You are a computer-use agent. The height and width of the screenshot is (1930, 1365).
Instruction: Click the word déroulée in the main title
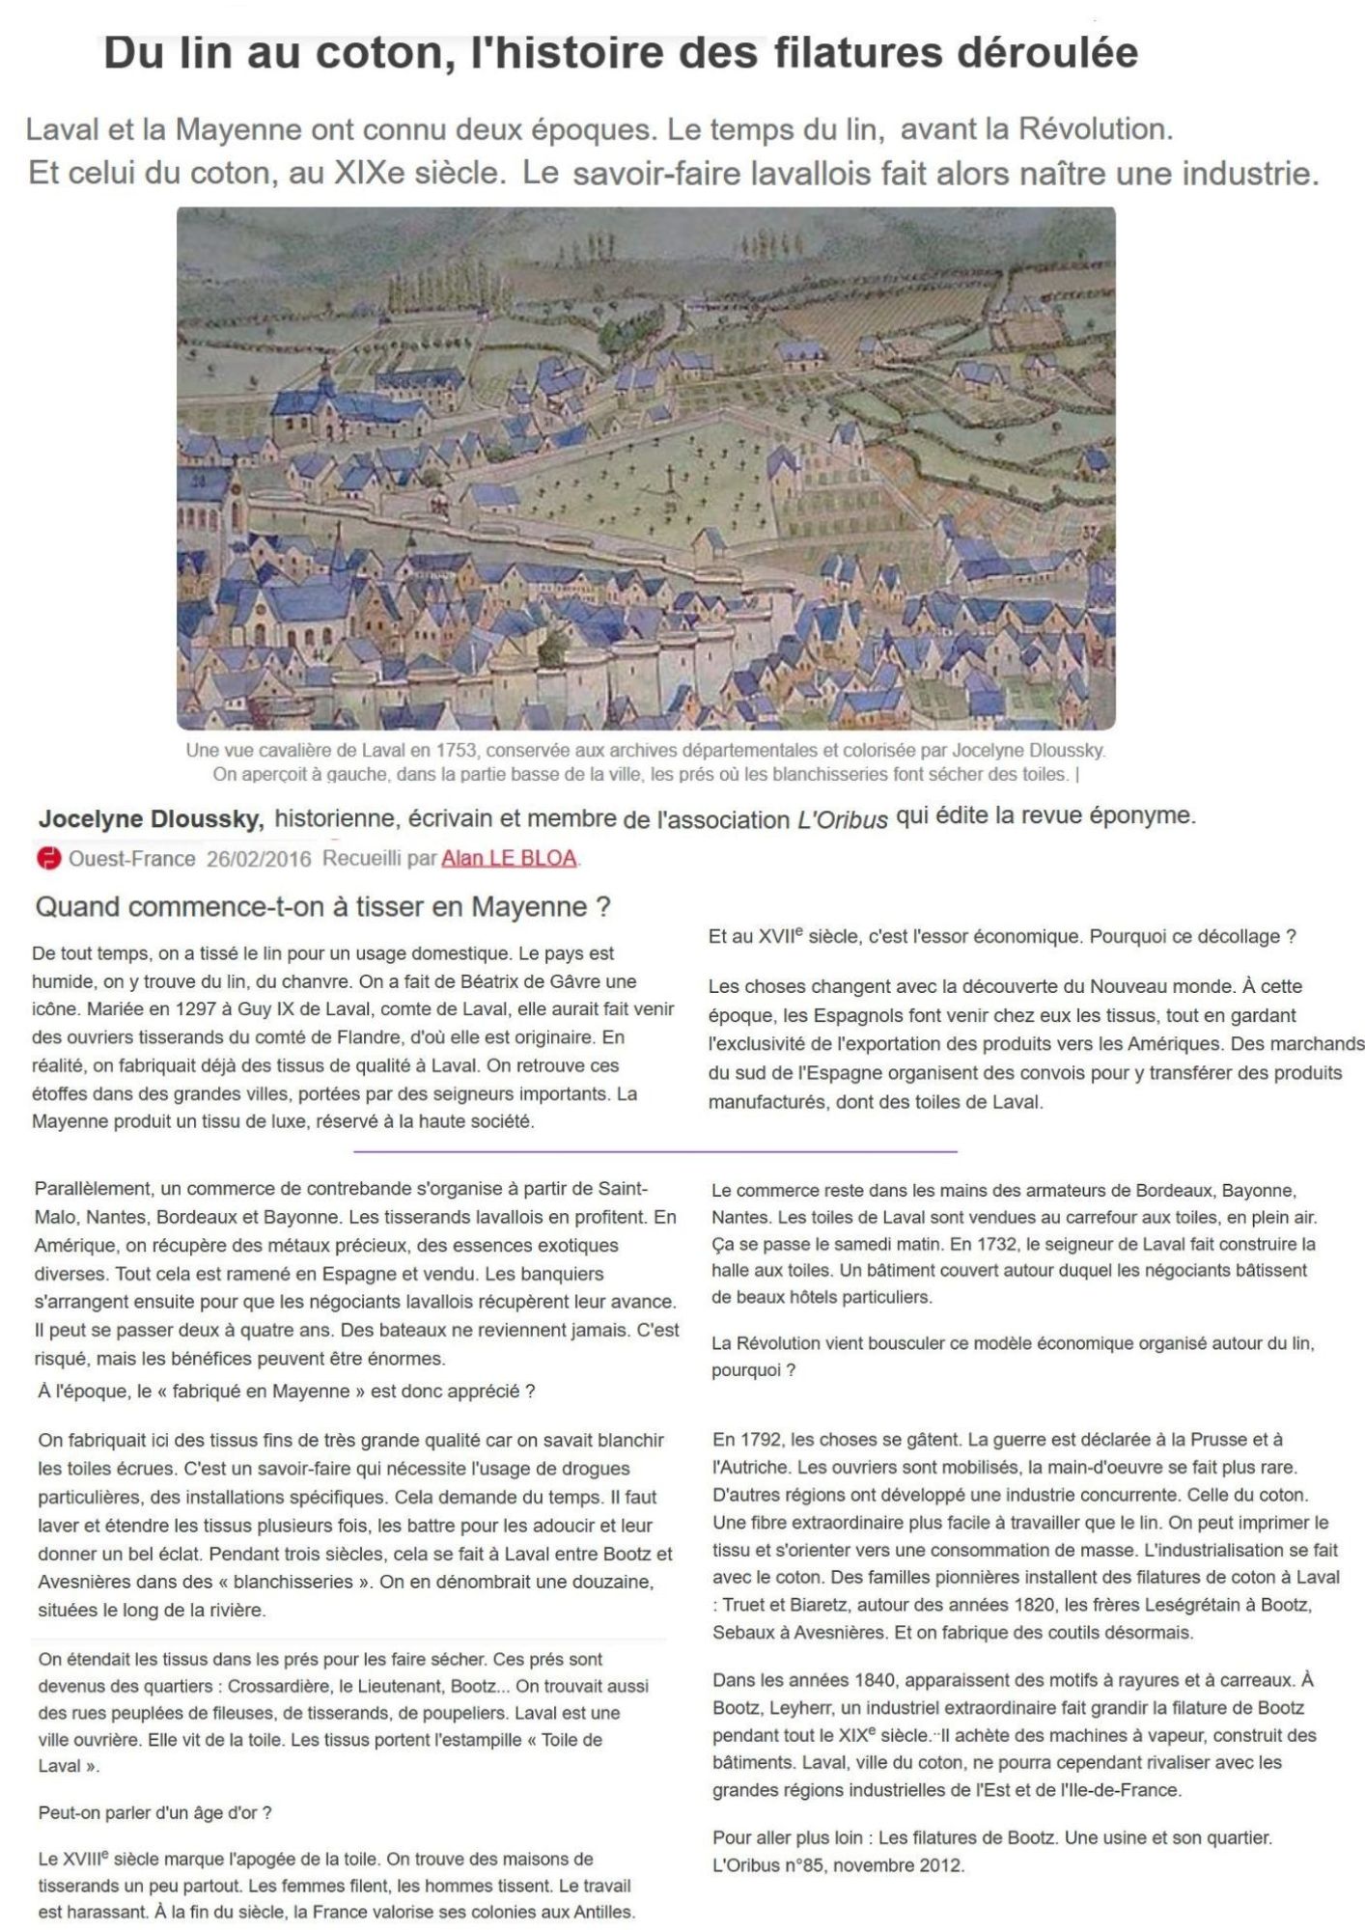tap(1047, 53)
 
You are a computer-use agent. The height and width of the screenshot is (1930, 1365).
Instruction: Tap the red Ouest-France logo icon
tap(46, 858)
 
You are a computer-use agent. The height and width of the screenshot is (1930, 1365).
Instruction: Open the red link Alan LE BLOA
tap(509, 858)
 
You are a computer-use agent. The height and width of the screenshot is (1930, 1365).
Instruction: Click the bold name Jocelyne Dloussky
tap(151, 819)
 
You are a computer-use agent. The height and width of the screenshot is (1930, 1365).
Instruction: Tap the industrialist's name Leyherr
tap(800, 1708)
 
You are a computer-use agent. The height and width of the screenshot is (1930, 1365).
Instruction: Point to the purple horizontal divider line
tap(655, 1151)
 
